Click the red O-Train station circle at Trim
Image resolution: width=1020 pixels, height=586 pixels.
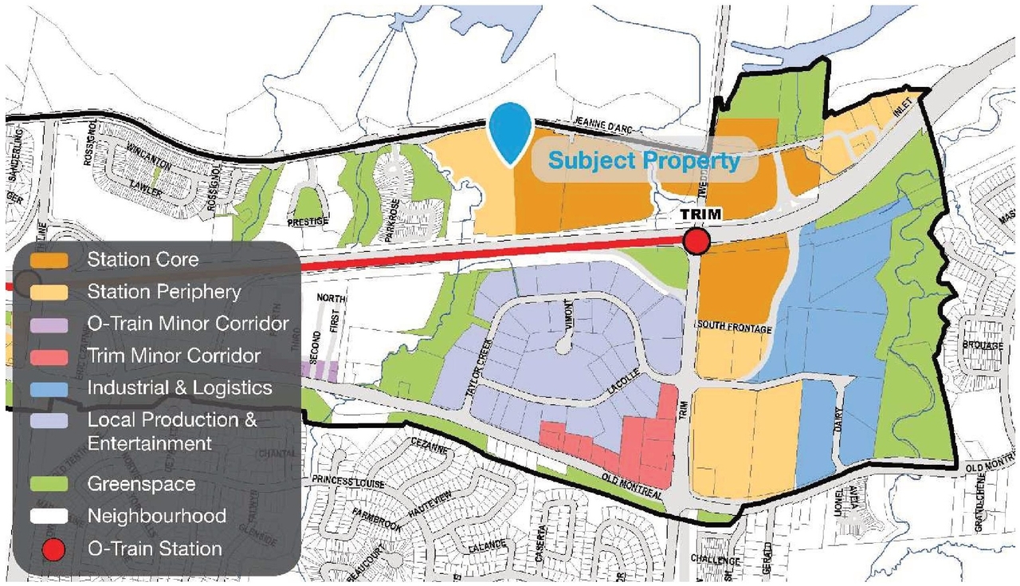coord(697,241)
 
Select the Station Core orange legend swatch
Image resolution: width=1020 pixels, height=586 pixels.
coord(53,260)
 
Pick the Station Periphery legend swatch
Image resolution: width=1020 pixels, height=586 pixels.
coord(53,292)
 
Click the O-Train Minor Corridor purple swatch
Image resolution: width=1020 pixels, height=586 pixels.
coord(53,324)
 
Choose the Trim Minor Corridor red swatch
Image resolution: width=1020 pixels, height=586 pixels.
coord(53,356)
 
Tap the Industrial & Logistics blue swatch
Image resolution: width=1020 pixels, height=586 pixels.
coord(53,388)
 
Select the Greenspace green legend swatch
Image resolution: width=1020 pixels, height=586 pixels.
coord(53,484)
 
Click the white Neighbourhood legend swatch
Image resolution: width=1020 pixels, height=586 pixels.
coord(53,516)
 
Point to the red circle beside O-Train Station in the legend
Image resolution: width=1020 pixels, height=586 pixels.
coord(53,549)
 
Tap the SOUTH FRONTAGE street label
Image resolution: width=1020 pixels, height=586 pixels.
coord(734,327)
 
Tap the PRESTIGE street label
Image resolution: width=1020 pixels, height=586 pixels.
coord(310,221)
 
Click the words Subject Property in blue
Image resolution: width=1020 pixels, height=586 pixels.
coord(644,160)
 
